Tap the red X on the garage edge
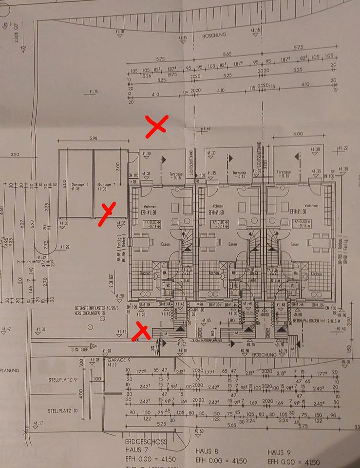coord(107,214)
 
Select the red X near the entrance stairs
coord(142,330)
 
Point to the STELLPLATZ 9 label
coord(61,378)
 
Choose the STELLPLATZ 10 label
coord(61,411)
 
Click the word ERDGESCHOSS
coord(146,441)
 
